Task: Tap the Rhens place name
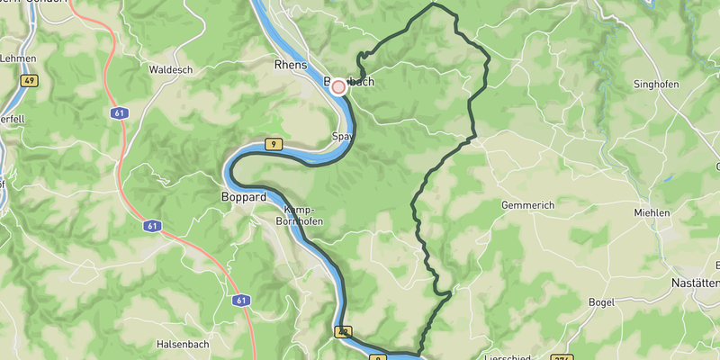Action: coord(290,65)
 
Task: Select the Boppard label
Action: coord(243,196)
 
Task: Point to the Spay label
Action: coord(341,138)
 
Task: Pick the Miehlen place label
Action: coord(651,212)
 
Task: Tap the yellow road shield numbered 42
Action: coord(343,332)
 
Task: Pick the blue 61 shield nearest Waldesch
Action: coord(120,113)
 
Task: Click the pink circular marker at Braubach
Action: coord(338,86)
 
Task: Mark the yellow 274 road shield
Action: coord(561,357)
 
